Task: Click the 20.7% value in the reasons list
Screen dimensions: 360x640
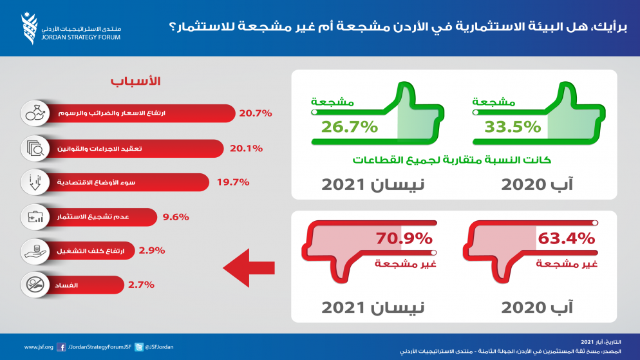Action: pos(256,113)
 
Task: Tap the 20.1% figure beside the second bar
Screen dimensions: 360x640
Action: pos(246,148)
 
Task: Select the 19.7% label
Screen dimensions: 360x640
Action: pos(232,182)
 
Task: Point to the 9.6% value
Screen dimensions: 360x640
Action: pos(176,217)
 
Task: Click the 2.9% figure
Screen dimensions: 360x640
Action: pos(152,251)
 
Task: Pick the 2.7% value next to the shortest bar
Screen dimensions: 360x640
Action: pos(142,283)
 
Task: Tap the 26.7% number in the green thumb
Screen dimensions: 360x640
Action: pos(350,126)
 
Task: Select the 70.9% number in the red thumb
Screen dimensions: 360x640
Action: pos(404,239)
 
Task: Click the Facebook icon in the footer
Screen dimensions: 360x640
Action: pos(61,346)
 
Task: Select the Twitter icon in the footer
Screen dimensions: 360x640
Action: pos(138,346)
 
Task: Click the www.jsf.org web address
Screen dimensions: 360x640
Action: pos(38,347)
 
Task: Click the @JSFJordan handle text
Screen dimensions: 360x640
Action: pos(159,347)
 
